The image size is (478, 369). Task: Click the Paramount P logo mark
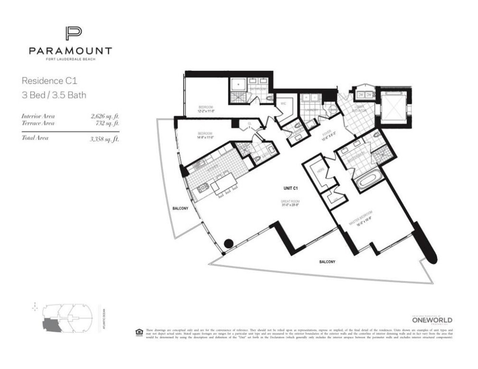pyautogui.click(x=73, y=35)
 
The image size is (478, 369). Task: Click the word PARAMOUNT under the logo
pyautogui.click(x=70, y=51)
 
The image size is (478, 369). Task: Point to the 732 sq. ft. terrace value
pyautogui.click(x=108, y=123)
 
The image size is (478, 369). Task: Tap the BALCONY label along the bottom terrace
pyautogui.click(x=327, y=262)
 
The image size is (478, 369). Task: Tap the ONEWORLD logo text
pyautogui.click(x=432, y=320)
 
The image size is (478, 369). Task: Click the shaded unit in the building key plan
pyautogui.click(x=51, y=325)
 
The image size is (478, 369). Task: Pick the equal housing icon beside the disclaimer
pyautogui.click(x=139, y=331)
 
